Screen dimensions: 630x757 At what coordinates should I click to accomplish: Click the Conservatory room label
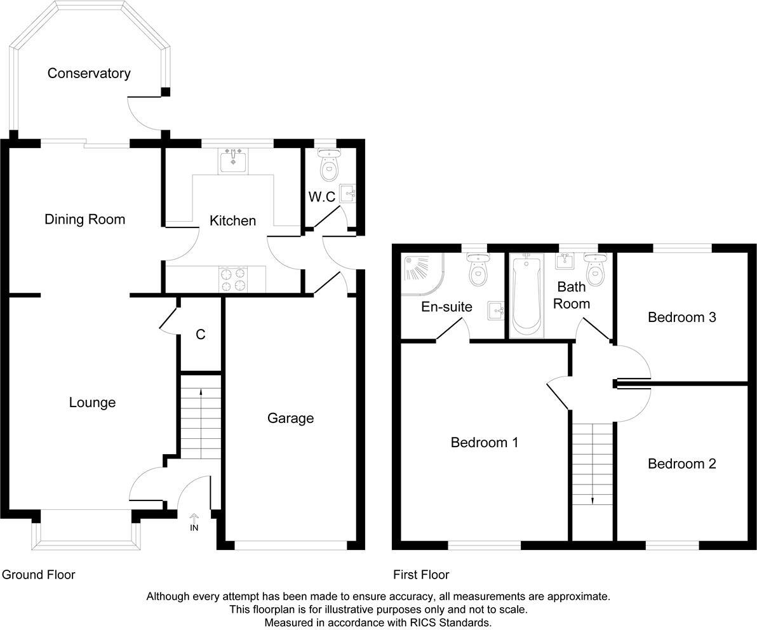tap(89, 74)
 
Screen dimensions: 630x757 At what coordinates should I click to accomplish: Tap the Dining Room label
tap(84, 220)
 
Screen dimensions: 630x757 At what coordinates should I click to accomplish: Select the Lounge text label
tap(92, 403)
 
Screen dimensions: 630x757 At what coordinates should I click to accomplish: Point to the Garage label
tap(290, 418)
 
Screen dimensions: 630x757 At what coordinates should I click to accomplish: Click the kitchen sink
tap(234, 160)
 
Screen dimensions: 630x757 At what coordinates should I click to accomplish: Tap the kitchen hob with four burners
tap(233, 278)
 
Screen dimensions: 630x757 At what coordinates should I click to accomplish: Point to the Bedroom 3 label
tap(681, 317)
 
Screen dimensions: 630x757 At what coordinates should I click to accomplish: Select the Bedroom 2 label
tap(681, 464)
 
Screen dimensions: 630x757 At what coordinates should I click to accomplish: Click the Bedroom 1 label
tap(484, 442)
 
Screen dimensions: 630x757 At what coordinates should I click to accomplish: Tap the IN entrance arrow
tap(194, 523)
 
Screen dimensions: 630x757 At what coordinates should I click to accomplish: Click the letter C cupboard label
tap(201, 335)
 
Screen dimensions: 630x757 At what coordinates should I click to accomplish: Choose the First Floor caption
tap(421, 575)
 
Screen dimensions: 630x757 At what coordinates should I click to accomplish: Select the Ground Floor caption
tap(38, 575)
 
